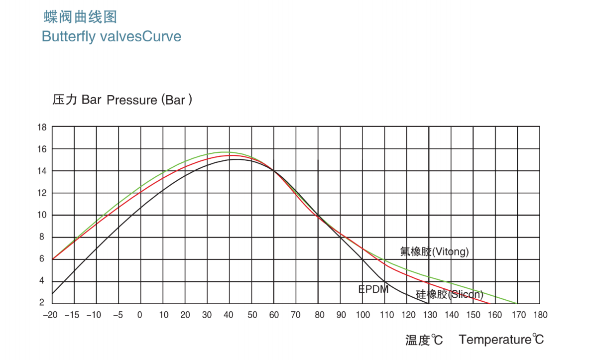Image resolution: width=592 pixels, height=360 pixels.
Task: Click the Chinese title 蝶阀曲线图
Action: click(80, 17)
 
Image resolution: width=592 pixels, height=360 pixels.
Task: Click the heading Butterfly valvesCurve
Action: click(112, 37)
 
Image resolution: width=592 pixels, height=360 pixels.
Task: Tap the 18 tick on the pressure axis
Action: click(42, 127)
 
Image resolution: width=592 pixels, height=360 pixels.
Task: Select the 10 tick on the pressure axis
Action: click(42, 215)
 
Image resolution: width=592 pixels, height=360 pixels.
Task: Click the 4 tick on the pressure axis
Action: click(42, 281)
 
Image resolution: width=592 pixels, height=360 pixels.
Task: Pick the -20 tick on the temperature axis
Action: click(50, 315)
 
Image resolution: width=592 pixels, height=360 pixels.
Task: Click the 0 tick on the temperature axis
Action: click(140, 315)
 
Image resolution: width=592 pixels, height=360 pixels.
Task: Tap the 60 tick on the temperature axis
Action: click(274, 315)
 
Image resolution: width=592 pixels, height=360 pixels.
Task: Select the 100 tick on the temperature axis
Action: click(363, 315)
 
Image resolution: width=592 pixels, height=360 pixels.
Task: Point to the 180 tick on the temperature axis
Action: click(540, 315)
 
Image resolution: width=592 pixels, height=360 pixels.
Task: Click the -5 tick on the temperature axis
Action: click(118, 315)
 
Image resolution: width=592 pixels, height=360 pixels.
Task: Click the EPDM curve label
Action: click(373, 289)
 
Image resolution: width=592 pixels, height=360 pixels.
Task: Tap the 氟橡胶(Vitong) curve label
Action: click(435, 251)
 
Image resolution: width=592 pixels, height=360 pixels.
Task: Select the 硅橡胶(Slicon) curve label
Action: click(449, 294)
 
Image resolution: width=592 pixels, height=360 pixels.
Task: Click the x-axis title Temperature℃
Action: click(501, 340)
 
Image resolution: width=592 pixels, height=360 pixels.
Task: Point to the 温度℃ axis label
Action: click(424, 340)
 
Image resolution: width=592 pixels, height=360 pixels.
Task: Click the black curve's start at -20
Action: click(53, 293)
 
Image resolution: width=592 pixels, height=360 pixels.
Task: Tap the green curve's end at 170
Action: click(517, 303)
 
